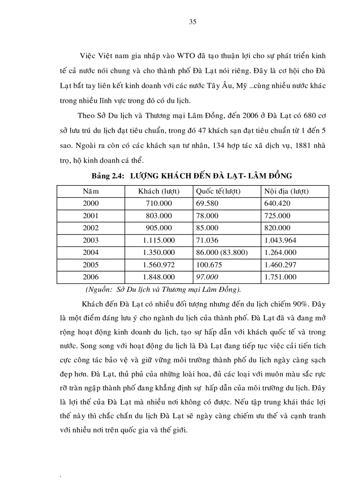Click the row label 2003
pos(91,240)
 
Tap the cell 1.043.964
pos(280,240)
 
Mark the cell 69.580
pos(206,204)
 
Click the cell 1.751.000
pos(280,277)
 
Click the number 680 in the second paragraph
pos(308,115)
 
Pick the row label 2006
pos(91,277)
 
